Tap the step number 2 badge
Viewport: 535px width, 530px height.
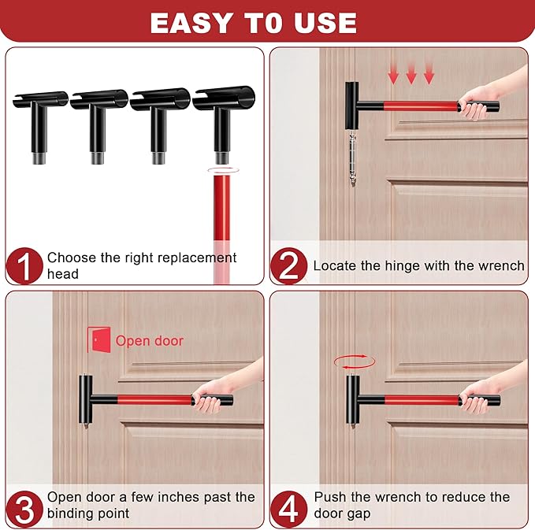tap(288, 266)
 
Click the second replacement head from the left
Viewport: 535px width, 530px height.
tap(98, 118)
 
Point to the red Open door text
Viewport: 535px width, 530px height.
tap(149, 341)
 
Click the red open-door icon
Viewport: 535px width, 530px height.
tap(98, 340)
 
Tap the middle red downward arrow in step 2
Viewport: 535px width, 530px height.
tap(411, 76)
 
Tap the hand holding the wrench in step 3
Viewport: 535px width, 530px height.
tap(210, 398)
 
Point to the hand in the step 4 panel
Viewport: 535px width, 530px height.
tap(476, 398)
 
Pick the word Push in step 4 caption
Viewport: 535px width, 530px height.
tap(329, 497)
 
